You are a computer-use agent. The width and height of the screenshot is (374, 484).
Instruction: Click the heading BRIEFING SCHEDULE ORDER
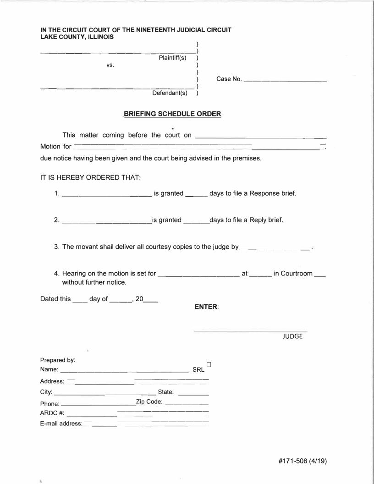click(172, 114)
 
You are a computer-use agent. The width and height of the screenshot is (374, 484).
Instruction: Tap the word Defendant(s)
click(170, 93)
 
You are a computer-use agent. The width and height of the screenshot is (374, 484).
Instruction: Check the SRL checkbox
click(209, 364)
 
